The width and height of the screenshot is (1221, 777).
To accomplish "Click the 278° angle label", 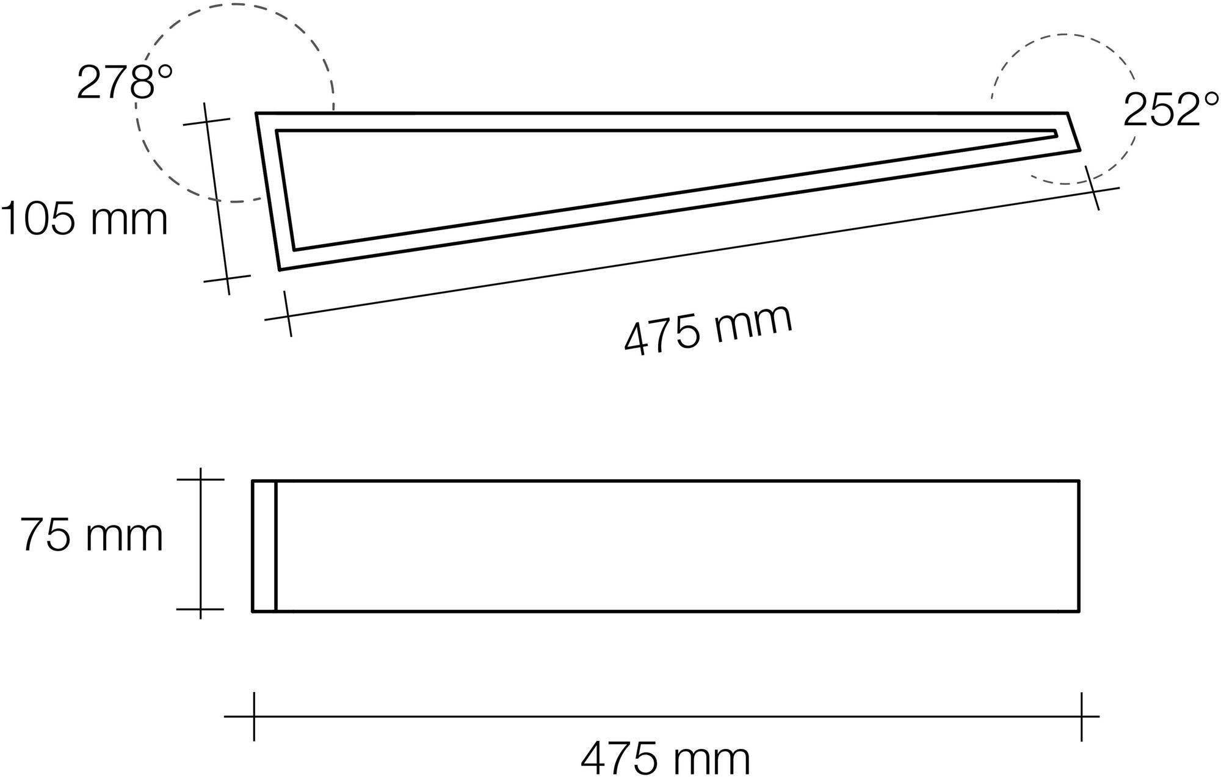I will (x=125, y=82).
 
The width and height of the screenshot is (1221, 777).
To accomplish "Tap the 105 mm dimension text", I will (x=84, y=219).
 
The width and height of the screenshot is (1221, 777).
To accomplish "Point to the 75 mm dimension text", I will (x=92, y=535).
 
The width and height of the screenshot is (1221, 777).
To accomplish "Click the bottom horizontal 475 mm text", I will (x=665, y=759).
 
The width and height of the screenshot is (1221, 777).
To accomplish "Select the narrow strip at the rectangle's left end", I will (x=264, y=545).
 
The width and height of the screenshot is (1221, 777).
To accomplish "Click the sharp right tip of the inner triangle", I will (x=1056, y=134).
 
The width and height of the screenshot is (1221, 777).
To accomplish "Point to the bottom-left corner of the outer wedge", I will (x=280, y=269).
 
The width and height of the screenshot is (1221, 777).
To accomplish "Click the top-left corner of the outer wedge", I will (x=256, y=114).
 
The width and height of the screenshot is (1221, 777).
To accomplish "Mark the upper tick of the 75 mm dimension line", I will (x=200, y=480).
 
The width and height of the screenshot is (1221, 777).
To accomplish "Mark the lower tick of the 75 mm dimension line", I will (x=200, y=609).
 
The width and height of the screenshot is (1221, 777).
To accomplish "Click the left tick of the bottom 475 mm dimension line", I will (x=254, y=717).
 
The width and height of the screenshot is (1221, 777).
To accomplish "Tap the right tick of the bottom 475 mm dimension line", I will (x=1081, y=717).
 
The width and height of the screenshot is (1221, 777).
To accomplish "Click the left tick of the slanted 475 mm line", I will (x=288, y=314).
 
